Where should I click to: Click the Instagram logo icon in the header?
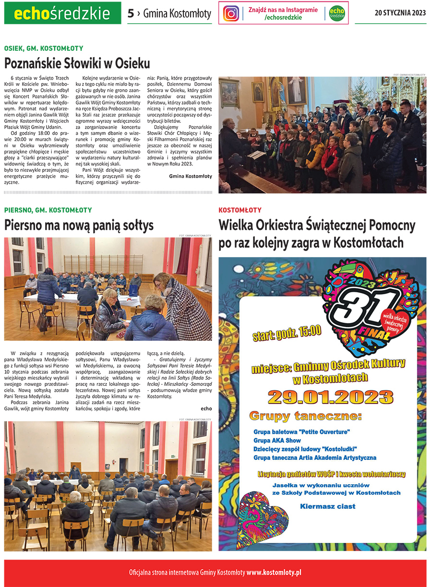click(x=231, y=13)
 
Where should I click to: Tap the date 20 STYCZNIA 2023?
click(x=400, y=13)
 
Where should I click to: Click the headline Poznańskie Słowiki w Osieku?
click(x=77, y=63)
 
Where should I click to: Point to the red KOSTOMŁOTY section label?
click(x=240, y=210)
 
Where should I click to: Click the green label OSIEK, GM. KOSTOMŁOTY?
click(x=44, y=48)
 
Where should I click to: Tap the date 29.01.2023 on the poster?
click(x=331, y=396)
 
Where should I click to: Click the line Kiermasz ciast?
click(x=328, y=506)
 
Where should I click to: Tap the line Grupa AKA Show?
click(x=277, y=440)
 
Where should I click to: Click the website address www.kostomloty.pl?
click(x=274, y=573)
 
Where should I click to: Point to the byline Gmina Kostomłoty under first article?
click(x=190, y=176)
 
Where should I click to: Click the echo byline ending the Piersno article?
click(x=206, y=408)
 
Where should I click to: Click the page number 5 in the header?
click(x=131, y=13)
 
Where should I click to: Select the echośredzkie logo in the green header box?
click(x=62, y=13)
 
